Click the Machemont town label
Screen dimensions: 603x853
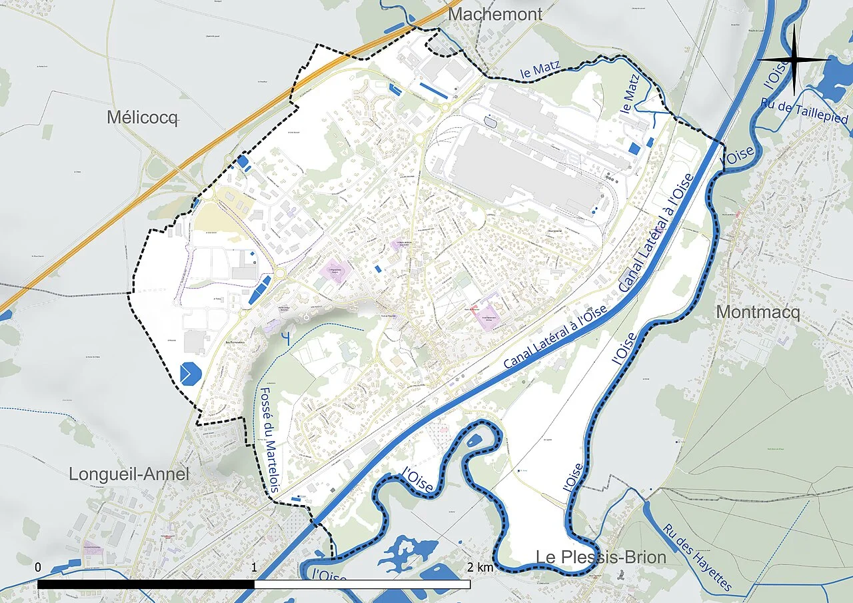(494, 14)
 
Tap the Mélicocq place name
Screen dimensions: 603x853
(143, 119)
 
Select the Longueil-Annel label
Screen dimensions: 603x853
(129, 474)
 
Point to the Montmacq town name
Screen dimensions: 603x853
(757, 312)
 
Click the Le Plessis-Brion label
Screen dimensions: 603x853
(601, 557)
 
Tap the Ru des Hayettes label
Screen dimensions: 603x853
(698, 557)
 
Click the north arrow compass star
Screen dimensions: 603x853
(794, 60)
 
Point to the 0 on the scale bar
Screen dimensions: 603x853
(38, 568)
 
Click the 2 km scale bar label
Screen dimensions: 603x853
(480, 568)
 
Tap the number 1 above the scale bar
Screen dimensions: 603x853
(255, 568)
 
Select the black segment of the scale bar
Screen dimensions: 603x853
(146, 584)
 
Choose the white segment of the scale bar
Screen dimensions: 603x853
(363, 584)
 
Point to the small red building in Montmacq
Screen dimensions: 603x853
(738, 215)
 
